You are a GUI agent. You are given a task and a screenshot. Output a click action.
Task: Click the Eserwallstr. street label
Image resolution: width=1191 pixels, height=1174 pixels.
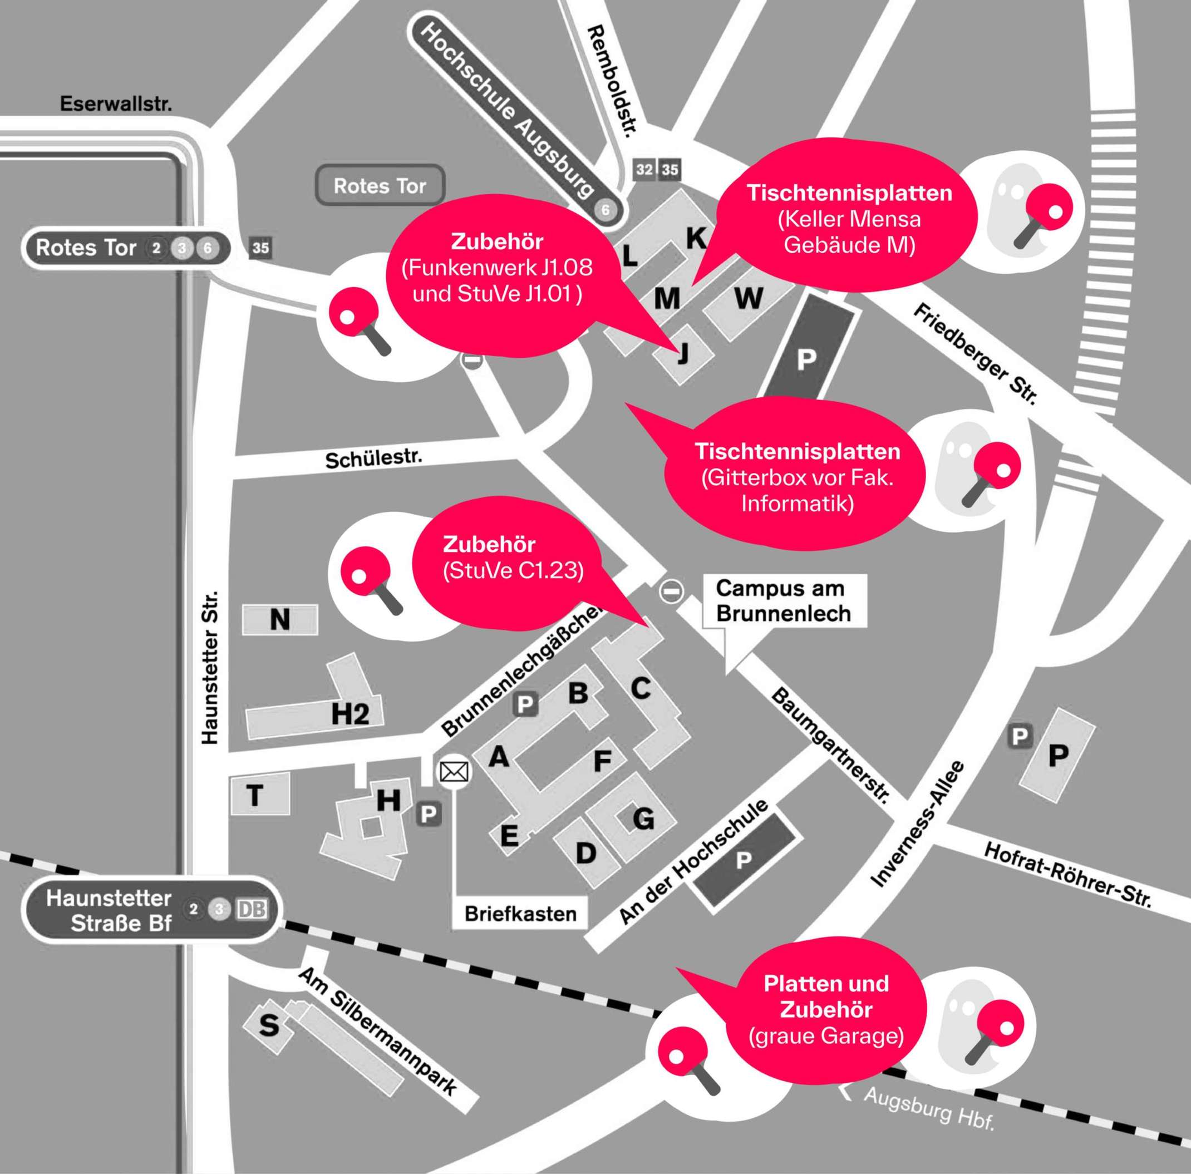tap(116, 104)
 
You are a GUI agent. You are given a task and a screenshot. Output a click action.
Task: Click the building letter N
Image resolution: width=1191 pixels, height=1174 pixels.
tap(280, 619)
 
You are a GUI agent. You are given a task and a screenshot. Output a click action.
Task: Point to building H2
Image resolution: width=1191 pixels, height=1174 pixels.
tap(350, 714)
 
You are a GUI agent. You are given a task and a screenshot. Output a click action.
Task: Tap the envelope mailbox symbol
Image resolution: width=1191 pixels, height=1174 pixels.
tap(454, 772)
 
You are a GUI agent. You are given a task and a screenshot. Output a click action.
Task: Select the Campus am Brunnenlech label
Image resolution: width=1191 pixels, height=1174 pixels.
tap(783, 601)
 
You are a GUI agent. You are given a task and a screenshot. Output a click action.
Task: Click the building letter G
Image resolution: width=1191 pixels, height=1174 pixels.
tap(643, 819)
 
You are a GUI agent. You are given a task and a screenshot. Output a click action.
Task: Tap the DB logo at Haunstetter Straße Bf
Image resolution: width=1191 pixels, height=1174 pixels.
tap(252, 910)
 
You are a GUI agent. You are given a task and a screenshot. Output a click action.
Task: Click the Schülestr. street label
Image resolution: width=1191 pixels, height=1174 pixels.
tap(374, 459)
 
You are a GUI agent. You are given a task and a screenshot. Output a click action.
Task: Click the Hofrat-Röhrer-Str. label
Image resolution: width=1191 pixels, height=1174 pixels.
tap(1067, 875)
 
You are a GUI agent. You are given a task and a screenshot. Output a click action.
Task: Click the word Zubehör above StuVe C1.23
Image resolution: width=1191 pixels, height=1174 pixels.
tap(489, 544)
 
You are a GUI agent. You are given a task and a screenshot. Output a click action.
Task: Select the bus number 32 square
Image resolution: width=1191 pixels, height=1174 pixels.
tap(644, 170)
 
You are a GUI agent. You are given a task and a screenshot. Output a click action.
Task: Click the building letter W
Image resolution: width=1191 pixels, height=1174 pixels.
tap(749, 299)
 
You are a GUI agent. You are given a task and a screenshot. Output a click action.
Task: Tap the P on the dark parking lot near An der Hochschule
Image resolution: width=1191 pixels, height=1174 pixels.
tap(744, 860)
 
